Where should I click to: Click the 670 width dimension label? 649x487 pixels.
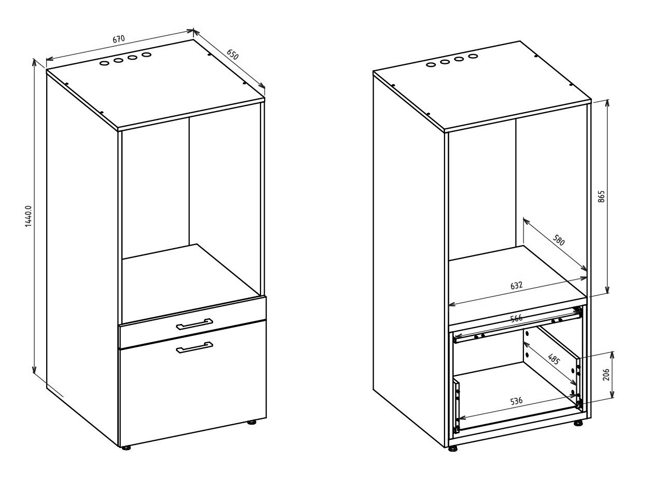[119, 39]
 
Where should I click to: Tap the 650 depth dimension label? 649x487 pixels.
[232, 55]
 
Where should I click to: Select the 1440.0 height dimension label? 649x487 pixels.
[28, 217]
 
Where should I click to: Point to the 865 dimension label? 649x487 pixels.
[601, 196]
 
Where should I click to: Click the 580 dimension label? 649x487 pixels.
[559, 240]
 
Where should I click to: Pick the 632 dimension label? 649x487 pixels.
[517, 285]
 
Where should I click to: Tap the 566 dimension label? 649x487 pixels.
[517, 318]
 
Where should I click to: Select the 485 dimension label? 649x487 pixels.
[554, 359]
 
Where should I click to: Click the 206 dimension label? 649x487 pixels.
[606, 374]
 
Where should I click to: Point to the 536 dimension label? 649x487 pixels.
[517, 401]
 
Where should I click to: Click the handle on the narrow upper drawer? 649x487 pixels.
[194, 323]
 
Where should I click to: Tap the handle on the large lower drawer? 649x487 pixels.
[194, 347]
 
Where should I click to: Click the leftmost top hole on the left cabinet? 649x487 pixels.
[104, 63]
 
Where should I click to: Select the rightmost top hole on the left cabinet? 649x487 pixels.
[146, 55]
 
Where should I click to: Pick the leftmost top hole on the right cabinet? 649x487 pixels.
[431, 64]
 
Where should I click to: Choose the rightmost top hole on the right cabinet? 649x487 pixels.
[473, 56]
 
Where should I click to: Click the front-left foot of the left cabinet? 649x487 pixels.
[127, 448]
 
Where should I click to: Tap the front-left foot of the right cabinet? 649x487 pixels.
[453, 449]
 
